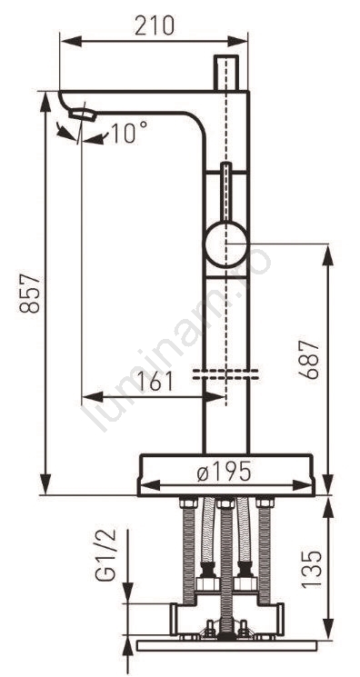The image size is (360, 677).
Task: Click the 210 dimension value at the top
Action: click(155, 25)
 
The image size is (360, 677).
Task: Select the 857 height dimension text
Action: click(30, 294)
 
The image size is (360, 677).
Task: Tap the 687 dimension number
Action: click(310, 360)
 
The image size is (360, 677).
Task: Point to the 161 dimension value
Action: click(154, 382)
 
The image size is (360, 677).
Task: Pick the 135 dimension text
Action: click(312, 569)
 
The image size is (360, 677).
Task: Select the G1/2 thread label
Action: click(105, 554)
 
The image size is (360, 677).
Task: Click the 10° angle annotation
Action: click(129, 132)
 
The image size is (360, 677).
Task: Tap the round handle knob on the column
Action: click(225, 244)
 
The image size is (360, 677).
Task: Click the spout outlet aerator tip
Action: click(82, 114)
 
